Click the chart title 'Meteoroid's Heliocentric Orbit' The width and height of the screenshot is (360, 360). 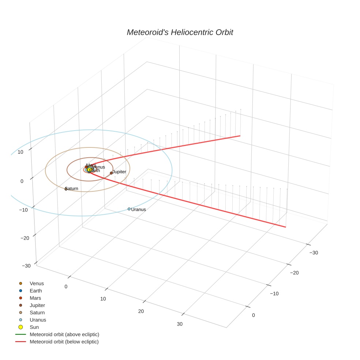click(x=180, y=32)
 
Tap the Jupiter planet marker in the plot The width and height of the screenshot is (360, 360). click(x=111, y=173)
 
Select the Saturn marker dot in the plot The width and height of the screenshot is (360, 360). click(x=66, y=189)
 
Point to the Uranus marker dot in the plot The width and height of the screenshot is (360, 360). click(x=129, y=209)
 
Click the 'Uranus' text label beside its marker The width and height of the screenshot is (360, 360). click(x=139, y=210)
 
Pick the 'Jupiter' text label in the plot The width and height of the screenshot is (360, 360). click(x=119, y=172)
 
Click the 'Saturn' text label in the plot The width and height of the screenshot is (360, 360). click(x=72, y=188)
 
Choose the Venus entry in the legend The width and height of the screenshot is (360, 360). click(x=37, y=284)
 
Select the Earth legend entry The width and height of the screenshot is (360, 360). click(x=35, y=291)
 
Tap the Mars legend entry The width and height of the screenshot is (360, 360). click(x=35, y=298)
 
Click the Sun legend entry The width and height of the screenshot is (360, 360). click(x=34, y=327)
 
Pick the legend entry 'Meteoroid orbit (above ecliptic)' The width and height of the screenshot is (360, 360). click(x=64, y=334)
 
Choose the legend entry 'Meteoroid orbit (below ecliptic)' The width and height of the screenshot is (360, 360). click(x=64, y=342)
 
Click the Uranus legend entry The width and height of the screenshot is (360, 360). click(x=38, y=320)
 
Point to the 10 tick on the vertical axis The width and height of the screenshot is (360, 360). click(x=20, y=152)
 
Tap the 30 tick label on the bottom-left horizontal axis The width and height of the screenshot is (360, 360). click(x=180, y=324)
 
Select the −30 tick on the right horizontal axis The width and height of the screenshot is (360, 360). click(x=314, y=252)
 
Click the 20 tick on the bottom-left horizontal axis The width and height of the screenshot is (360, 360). click(x=141, y=311)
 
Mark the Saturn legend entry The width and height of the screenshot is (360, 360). click(x=37, y=312)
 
